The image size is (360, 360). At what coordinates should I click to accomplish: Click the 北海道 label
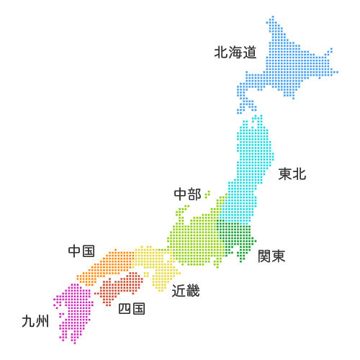235,52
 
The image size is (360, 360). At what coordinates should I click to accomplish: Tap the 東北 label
292,174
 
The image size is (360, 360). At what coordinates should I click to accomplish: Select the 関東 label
271,256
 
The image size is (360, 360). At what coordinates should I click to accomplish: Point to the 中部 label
187,194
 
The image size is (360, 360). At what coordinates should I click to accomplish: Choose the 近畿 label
186,291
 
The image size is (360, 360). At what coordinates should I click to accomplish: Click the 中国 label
81,251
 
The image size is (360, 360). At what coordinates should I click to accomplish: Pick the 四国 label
131,309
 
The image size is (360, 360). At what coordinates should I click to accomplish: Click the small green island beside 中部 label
207,194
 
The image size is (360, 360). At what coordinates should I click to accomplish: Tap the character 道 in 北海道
249,52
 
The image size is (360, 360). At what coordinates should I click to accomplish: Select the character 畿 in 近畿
192,291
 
